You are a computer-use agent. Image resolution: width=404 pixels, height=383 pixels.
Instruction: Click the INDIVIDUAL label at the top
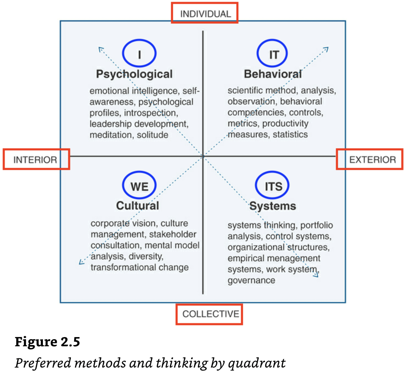point(205,14)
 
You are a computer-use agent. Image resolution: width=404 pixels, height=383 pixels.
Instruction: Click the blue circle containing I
point(139,53)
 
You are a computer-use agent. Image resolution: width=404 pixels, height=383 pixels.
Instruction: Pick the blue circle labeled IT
point(273,53)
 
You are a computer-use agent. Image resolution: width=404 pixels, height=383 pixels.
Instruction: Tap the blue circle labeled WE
point(139,186)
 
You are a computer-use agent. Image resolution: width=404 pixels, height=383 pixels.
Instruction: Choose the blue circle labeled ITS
point(273,186)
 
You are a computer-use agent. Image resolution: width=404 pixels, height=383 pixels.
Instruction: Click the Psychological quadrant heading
point(134,74)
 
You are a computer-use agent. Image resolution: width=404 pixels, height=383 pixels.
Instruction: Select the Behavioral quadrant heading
point(273,74)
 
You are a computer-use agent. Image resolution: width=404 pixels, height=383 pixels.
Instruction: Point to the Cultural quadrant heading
point(137,206)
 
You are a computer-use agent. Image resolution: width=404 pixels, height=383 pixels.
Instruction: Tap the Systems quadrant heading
point(273,206)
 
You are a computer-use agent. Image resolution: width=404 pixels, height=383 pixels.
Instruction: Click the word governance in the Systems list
point(251,280)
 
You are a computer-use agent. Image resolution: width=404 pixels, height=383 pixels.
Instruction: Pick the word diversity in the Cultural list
point(149,256)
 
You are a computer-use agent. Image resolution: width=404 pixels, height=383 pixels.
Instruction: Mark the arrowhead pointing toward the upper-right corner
point(326,49)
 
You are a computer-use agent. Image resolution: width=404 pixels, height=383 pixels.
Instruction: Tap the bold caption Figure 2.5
point(47,342)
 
